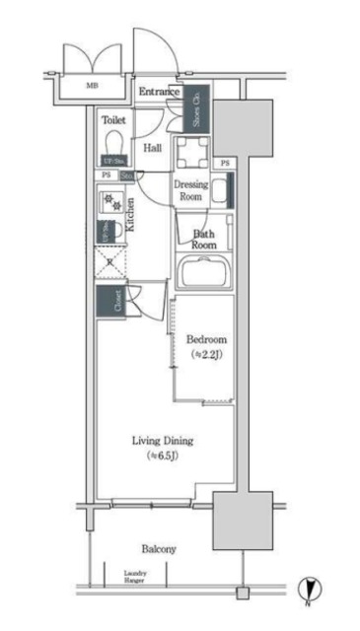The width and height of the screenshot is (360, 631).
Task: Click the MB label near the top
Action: (92, 86)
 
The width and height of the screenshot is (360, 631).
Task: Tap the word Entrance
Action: (159, 93)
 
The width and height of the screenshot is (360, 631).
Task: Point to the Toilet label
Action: (113, 119)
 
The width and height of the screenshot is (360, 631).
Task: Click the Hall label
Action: (153, 148)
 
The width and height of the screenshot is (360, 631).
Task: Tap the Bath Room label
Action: (203, 239)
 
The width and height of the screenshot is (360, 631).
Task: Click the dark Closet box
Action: (109, 302)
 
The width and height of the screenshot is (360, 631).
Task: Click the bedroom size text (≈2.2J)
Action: (206, 354)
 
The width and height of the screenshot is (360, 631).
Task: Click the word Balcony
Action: (158, 548)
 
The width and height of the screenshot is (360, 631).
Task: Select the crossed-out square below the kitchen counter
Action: (109, 262)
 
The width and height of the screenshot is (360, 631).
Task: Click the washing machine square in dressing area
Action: (192, 151)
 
